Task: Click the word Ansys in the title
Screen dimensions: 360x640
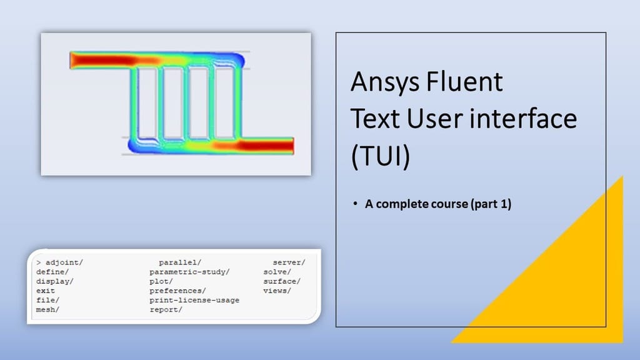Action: [x=384, y=82]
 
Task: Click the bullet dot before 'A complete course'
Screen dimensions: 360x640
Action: [x=354, y=204]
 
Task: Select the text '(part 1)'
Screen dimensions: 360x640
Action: [x=491, y=204]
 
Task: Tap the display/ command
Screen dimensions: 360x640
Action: [x=55, y=281]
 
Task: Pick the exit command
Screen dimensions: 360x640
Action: [x=46, y=291]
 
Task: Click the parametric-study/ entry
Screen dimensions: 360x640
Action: [x=189, y=272]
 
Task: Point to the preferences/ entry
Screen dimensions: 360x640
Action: [x=177, y=291]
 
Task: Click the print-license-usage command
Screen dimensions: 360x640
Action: [x=194, y=300]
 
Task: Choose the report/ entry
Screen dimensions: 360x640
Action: [x=166, y=309]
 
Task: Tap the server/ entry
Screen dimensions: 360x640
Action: [x=289, y=262]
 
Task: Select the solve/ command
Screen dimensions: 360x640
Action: [x=277, y=272]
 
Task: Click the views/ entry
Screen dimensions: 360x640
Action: [x=277, y=291]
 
